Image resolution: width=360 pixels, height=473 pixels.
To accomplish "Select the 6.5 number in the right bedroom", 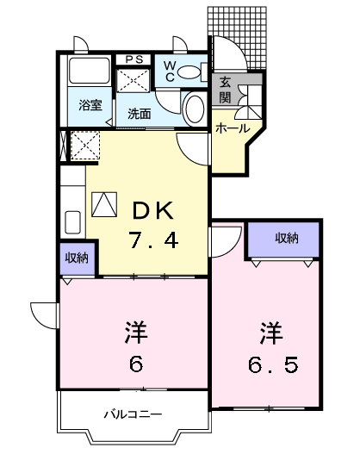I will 273,364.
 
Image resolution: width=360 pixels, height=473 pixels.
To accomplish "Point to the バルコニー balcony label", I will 133,414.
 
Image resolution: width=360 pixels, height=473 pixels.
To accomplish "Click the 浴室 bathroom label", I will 90,106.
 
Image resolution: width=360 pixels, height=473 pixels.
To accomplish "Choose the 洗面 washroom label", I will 139,113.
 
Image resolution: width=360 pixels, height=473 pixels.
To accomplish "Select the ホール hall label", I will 232,128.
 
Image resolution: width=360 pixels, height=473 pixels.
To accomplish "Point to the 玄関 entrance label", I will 225,89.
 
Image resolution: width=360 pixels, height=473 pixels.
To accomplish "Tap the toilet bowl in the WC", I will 195,110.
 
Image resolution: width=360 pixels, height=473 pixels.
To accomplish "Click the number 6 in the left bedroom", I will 135,363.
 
